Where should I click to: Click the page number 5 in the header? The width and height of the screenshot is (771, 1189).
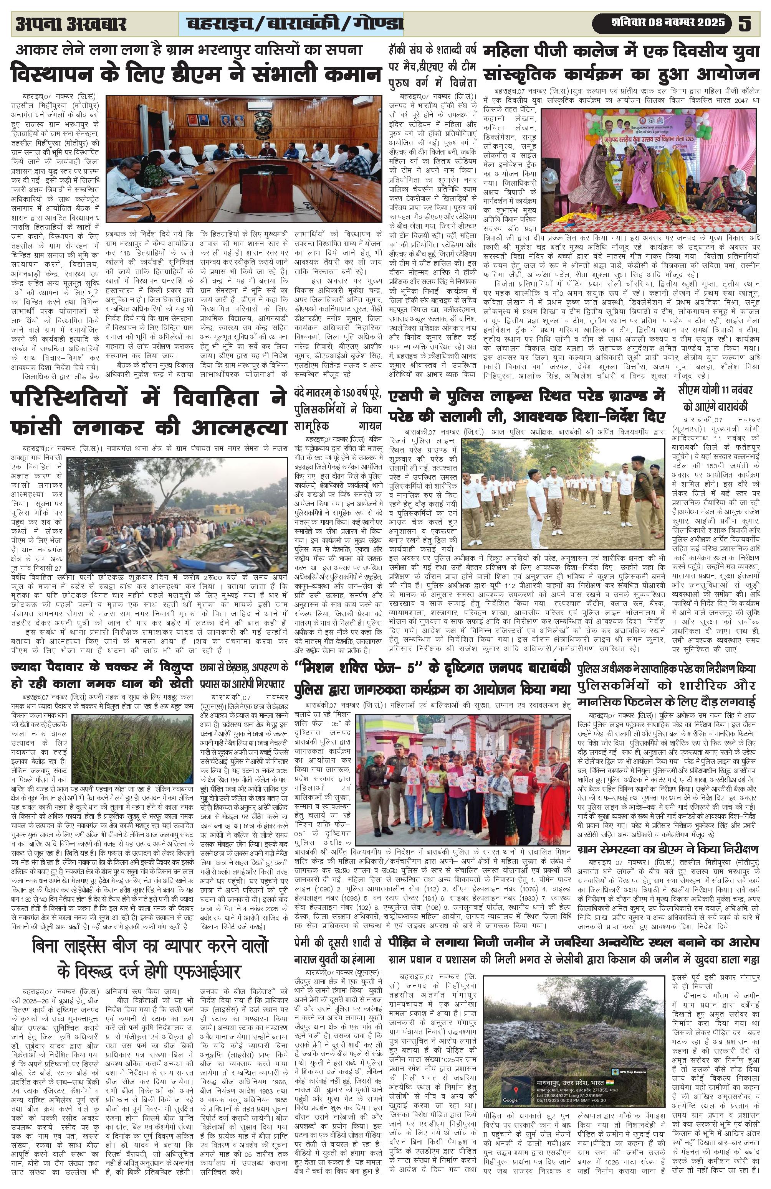(745, 23)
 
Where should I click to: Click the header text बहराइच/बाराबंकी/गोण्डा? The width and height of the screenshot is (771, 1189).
(295, 23)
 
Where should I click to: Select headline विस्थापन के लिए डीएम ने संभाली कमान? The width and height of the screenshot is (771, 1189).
(196, 74)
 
